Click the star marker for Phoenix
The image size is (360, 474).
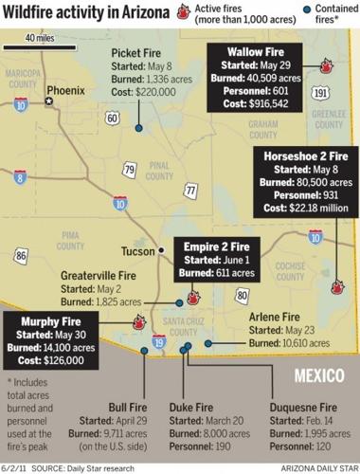pos(49,100)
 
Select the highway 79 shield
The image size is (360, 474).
pos(129,170)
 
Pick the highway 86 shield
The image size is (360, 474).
pos(21,255)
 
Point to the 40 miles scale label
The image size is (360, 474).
pos(38,38)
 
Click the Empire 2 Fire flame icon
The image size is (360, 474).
pos(193,297)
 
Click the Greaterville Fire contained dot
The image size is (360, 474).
pos(179,303)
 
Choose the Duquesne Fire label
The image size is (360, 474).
pos(304,407)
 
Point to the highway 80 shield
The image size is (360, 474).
pos(243,295)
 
